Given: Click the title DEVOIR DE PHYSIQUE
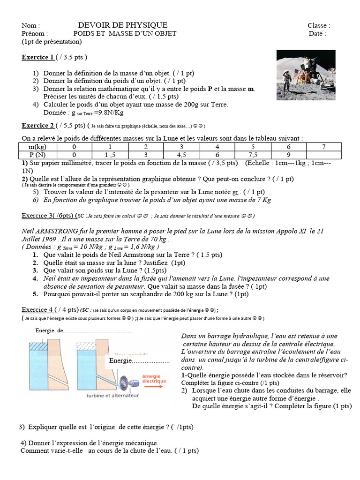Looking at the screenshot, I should pos(122,25).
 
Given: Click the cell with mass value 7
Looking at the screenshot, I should pos(324,147).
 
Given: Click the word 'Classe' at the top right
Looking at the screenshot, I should pos(319,25).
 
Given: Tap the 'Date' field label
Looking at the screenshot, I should pos(317,33).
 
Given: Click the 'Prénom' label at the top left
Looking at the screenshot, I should pos(34,33).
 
